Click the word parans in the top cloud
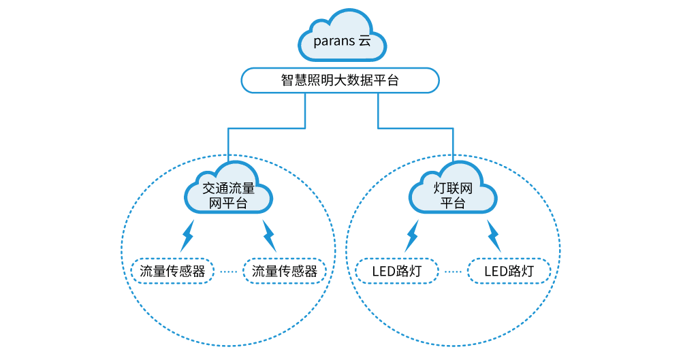(333, 40)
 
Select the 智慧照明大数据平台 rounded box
(340, 80)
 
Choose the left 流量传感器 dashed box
(172, 271)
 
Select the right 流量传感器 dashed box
(285, 271)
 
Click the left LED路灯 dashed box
(396, 271)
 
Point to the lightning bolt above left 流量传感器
(187, 235)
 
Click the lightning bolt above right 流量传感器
(269, 235)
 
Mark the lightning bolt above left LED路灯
(412, 235)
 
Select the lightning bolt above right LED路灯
(494, 235)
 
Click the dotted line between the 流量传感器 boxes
(228, 271)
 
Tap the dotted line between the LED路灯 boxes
(452, 271)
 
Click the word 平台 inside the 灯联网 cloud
(453, 203)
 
